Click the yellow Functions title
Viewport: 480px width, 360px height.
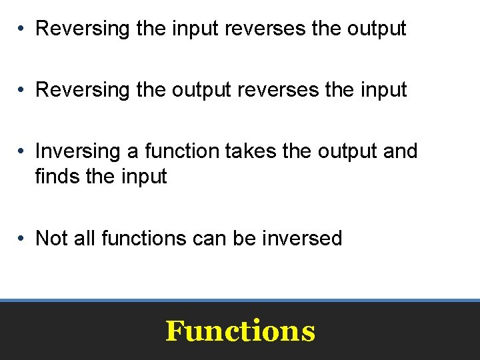(240, 331)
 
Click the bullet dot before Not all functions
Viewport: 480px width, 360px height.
(22, 239)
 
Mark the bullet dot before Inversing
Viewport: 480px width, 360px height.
(22, 152)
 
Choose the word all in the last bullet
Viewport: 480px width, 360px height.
(85, 238)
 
